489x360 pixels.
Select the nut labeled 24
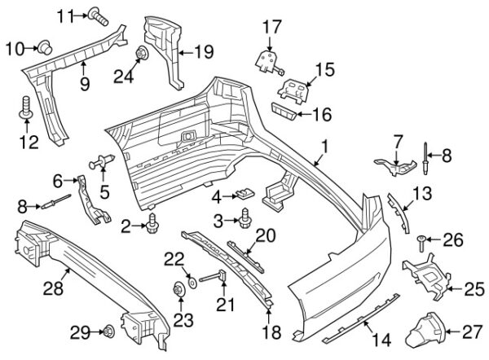click(x=142, y=55)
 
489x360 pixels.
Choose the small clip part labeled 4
click(x=242, y=195)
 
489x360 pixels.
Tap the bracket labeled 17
click(x=265, y=59)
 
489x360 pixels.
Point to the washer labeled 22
click(x=192, y=281)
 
